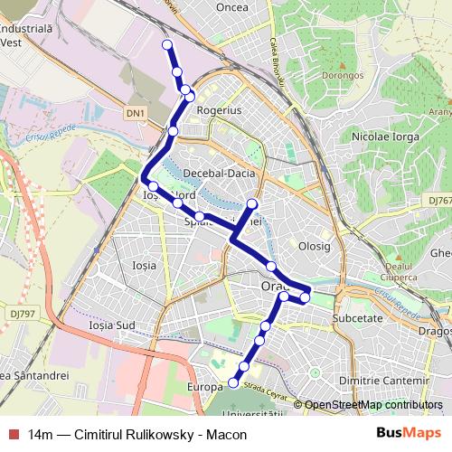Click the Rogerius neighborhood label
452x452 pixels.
[221, 109]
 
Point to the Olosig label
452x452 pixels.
[315, 245]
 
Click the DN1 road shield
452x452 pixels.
[135, 113]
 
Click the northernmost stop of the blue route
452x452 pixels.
[166, 44]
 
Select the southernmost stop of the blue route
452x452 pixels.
[233, 383]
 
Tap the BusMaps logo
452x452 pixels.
[409, 433]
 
